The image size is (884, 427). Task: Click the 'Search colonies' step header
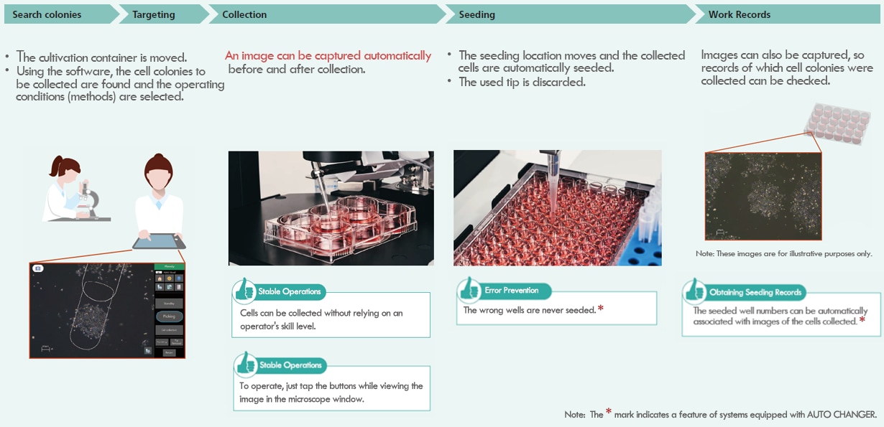point(47,14)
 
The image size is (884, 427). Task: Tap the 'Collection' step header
point(244,14)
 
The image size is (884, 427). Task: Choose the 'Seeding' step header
point(476,14)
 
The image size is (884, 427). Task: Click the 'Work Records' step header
point(739,14)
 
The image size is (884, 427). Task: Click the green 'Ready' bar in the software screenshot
point(170,266)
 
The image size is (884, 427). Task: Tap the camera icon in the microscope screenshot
point(37,268)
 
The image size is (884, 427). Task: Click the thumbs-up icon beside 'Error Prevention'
point(469,288)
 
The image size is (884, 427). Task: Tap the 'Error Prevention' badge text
point(512,291)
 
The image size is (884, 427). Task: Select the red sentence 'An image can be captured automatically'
point(328,56)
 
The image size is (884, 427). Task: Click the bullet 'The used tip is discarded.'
point(522,82)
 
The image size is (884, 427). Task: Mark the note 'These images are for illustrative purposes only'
point(783,254)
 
